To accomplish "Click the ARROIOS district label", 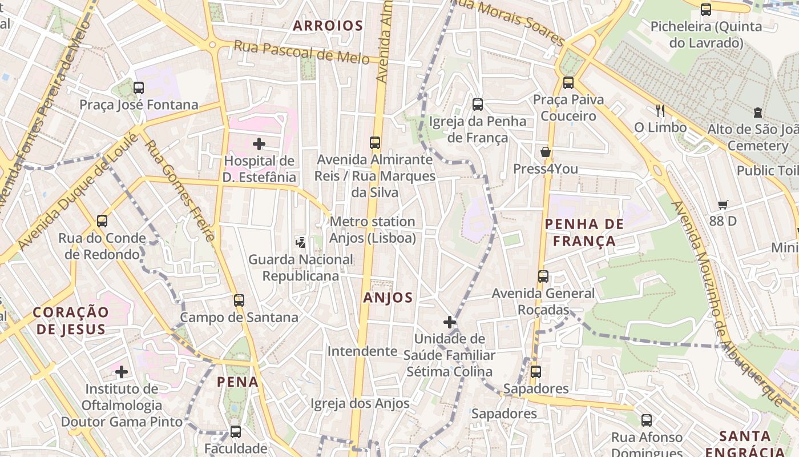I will pos(328,26).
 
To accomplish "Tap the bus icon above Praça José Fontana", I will pos(139,88).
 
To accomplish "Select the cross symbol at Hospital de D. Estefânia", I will pos(259,143).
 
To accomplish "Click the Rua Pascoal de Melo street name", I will pos(301,52).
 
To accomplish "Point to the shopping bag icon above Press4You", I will pos(546,152).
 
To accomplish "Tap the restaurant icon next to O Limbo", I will pos(660,110).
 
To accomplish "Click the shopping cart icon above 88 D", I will pos(723,205).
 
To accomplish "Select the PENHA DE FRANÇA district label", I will pos(584,232).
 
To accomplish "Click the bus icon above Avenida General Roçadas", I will pos(543,276).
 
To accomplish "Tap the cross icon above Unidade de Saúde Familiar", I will pos(450,322).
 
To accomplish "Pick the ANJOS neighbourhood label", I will pos(388,298).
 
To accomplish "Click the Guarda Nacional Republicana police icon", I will pos(300,243).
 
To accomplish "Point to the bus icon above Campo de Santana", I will pos(239,300).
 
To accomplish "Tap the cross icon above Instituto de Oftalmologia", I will pos(122,372).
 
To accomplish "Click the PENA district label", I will pos(238,382).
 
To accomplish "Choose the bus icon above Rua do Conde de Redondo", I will pos(102,221).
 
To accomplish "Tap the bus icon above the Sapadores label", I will pos(536,372).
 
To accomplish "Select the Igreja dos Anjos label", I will pos(360,404).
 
